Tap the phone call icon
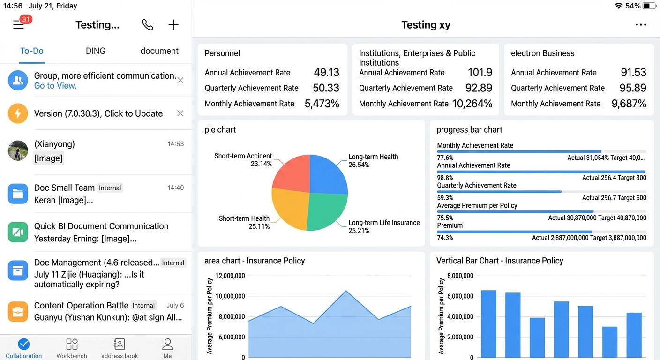pos(148,25)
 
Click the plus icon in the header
pos(173,25)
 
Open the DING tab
pos(96,51)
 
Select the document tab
pos(159,51)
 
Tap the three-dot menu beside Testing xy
pos(641,25)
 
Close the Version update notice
pos(180,113)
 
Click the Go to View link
pos(55,86)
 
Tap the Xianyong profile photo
pos(18,150)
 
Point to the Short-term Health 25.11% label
pos(244,223)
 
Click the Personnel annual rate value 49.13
pos(326,73)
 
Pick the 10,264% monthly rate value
pos(472,104)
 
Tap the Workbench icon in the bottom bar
pos(72,344)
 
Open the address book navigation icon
pos(120,344)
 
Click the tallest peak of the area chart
pos(346,291)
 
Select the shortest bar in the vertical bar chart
pos(610,342)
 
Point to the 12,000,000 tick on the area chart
pos(230,276)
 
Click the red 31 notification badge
pos(26,19)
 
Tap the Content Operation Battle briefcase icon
pos(18,311)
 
